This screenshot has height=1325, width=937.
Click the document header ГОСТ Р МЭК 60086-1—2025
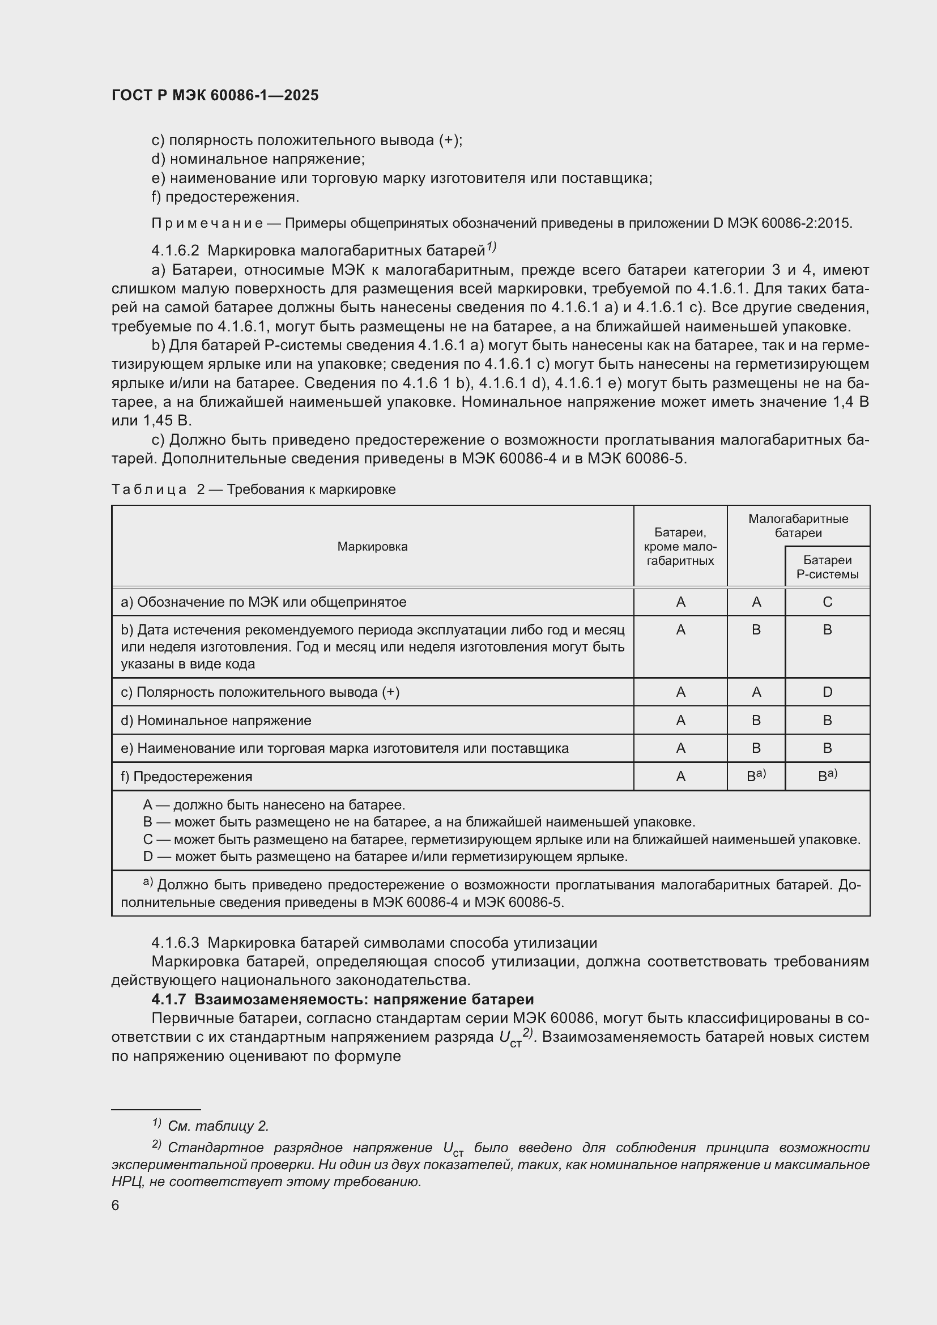pyautogui.click(x=215, y=96)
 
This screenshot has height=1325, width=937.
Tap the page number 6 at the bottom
pyautogui.click(x=116, y=1205)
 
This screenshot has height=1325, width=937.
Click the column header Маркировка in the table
pyautogui.click(x=372, y=547)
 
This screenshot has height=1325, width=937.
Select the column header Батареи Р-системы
pyautogui.click(x=827, y=566)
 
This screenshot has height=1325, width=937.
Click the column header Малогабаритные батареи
pyautogui.click(x=798, y=526)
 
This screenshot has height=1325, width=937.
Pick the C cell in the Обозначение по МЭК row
pyautogui.click(x=827, y=602)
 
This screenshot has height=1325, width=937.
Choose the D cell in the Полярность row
pyautogui.click(x=827, y=692)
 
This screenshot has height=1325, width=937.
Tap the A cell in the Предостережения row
pyautogui.click(x=680, y=777)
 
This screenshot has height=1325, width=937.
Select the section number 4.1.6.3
pyautogui.click(x=175, y=943)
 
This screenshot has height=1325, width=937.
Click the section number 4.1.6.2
pyautogui.click(x=175, y=250)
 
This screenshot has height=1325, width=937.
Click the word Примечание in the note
pyautogui.click(x=207, y=223)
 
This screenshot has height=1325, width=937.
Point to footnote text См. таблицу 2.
pyautogui.click(x=218, y=1126)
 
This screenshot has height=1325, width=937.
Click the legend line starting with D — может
pyautogui.click(x=385, y=857)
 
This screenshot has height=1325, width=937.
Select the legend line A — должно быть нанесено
pyautogui.click(x=274, y=804)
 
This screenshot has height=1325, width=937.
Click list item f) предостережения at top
pyautogui.click(x=225, y=197)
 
